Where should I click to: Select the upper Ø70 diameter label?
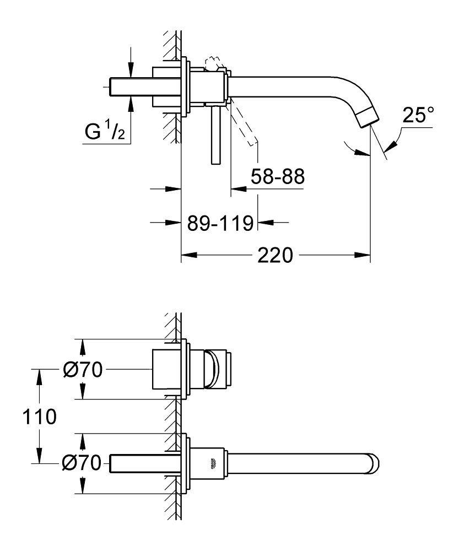(x=82, y=370)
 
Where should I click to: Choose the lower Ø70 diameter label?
(x=82, y=463)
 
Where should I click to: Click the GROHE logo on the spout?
(x=213, y=463)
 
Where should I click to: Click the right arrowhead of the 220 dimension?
(x=364, y=255)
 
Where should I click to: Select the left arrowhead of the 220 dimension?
(x=188, y=255)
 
